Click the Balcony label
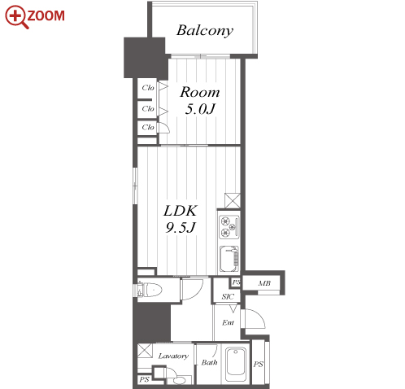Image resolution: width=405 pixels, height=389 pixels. (205, 30)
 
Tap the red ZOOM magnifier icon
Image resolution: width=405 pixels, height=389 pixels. (16, 16)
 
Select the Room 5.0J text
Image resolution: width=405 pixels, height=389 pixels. (200, 100)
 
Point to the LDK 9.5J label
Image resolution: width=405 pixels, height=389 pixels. (181, 219)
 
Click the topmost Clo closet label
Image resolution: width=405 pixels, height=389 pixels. (148, 88)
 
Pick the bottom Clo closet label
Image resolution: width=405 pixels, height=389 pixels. (148, 127)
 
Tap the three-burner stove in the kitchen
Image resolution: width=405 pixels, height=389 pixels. (229, 227)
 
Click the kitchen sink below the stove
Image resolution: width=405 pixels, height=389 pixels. (229, 259)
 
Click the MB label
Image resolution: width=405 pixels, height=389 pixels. (264, 283)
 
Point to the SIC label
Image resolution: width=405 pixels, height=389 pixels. (228, 296)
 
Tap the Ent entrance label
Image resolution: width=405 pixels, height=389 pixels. (228, 322)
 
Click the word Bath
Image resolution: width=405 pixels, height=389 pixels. (209, 362)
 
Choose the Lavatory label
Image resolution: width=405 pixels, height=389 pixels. (173, 356)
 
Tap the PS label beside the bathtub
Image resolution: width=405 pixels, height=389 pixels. (258, 364)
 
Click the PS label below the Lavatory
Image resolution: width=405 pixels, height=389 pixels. (144, 379)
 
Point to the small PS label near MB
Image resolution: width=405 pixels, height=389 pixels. (236, 282)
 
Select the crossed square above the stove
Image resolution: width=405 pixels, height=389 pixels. (233, 201)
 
